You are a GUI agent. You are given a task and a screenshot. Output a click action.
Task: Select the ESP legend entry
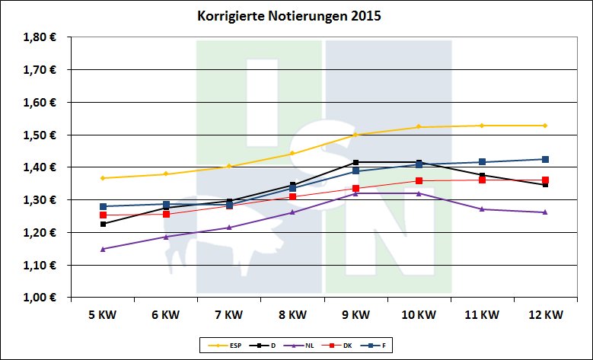[220, 346]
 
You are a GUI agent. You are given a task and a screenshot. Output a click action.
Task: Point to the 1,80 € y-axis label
[41, 37]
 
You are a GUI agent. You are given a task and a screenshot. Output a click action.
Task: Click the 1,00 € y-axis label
[41, 298]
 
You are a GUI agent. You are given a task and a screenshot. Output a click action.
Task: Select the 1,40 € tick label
[41, 167]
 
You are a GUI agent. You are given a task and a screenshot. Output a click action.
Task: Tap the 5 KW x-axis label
[102, 314]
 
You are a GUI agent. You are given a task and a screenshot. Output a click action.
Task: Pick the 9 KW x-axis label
[355, 314]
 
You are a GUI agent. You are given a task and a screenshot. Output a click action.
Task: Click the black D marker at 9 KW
[355, 162]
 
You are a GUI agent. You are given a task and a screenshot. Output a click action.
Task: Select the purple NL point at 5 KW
[102, 249]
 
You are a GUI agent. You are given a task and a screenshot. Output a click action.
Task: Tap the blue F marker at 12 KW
[544, 159]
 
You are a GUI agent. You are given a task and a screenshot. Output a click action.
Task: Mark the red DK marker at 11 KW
[481, 180]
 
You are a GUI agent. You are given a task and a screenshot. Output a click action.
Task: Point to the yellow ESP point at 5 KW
[102, 178]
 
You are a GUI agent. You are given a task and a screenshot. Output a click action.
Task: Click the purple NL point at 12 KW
[544, 212]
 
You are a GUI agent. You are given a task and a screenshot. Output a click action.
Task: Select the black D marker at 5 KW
[102, 224]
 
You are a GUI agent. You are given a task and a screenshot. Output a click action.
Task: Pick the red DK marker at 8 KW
[292, 196]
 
